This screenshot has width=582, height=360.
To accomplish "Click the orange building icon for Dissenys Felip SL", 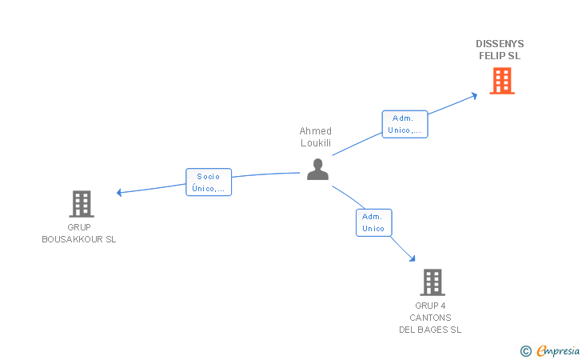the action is [x=502, y=81].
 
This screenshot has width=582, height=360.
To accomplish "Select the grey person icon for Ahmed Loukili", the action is [x=317, y=170].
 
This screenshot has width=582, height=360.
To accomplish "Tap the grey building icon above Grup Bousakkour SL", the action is [x=82, y=204].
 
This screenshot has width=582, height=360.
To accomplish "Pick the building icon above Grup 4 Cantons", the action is [x=433, y=282].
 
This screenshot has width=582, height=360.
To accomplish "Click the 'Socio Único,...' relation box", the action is [x=209, y=182].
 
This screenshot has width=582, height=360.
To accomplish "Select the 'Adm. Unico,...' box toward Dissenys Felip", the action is [x=405, y=124].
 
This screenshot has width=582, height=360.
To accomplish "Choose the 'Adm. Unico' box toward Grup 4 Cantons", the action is [x=374, y=222].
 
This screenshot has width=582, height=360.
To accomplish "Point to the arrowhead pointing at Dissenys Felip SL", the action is [x=474, y=96].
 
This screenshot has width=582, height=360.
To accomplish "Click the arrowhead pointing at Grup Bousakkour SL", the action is [x=119, y=193].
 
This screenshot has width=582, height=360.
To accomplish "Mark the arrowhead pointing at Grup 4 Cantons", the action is [x=413, y=258].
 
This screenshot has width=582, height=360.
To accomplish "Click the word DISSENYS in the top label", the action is [x=500, y=44].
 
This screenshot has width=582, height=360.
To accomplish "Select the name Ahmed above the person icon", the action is [x=316, y=130].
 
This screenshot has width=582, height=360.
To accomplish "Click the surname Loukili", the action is [x=316, y=143].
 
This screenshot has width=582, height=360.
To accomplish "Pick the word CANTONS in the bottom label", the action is [x=430, y=318].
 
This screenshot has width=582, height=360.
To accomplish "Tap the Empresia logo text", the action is [x=558, y=350].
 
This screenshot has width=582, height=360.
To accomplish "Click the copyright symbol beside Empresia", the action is [x=526, y=351].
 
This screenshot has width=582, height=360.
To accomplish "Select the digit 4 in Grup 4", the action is [x=442, y=306].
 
